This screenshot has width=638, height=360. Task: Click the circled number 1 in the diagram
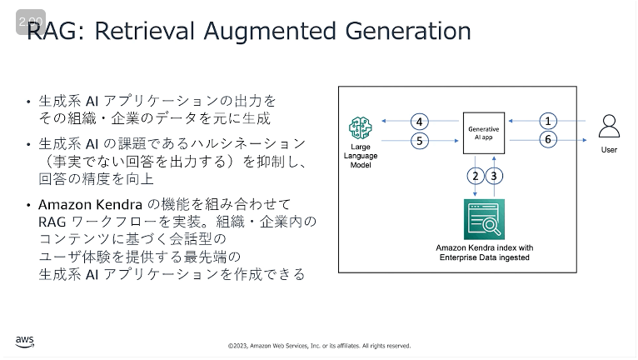[548, 121]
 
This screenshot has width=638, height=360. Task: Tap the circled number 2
[476, 176]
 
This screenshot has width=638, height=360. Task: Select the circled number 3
[494, 176]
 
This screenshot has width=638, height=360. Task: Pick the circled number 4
[420, 122]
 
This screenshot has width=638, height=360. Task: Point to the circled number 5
[420, 141]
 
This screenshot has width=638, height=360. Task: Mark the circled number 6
[548, 139]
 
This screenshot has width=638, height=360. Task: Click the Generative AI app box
[484, 133]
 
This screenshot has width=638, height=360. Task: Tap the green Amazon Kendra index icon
[484, 219]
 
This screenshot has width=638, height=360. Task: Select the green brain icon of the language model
[360, 127]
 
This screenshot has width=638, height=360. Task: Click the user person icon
[609, 126]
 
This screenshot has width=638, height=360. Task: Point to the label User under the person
[609, 150]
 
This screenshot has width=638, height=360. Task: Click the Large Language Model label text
[361, 156]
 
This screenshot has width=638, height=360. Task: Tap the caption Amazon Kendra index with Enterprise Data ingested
[484, 252]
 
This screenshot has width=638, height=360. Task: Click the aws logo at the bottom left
[25, 342]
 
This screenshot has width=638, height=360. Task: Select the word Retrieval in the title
[144, 31]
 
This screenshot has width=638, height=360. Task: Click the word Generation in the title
[408, 31]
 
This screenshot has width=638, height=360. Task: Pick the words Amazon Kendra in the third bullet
[90, 204]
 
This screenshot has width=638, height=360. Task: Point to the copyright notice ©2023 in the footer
[319, 346]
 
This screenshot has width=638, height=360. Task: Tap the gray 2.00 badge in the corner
[31, 22]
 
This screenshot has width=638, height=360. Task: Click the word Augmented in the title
[270, 32]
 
